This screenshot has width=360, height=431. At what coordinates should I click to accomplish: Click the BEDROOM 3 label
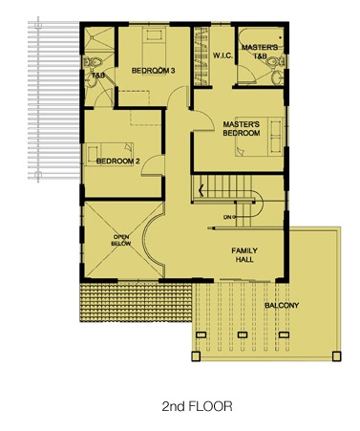[153, 71]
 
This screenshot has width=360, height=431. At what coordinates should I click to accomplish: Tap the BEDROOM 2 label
[118, 162]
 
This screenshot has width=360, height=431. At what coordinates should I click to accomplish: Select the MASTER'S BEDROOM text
[242, 129]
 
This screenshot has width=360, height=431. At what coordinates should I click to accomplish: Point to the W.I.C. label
[222, 55]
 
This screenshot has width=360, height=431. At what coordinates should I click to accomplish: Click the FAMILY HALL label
[244, 255]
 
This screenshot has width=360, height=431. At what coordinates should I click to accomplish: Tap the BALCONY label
[282, 305]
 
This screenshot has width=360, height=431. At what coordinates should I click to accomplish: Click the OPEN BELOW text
[121, 240]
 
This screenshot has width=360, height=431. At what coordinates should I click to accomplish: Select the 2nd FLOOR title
[197, 406]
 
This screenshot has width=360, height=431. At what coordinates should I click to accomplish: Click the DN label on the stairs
[228, 217]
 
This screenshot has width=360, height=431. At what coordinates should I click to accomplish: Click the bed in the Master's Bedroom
[259, 137]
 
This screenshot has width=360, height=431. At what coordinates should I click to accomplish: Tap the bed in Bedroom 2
[109, 154]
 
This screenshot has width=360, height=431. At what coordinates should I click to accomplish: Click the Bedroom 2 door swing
[153, 165]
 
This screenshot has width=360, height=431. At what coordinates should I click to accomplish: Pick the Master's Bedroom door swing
[202, 120]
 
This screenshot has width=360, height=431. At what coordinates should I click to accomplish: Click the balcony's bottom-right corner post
[336, 356]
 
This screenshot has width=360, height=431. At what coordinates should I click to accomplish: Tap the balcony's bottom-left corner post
[196, 356]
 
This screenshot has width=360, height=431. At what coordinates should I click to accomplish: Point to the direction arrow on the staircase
[201, 190]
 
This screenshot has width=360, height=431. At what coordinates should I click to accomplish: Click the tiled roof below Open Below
[136, 302]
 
